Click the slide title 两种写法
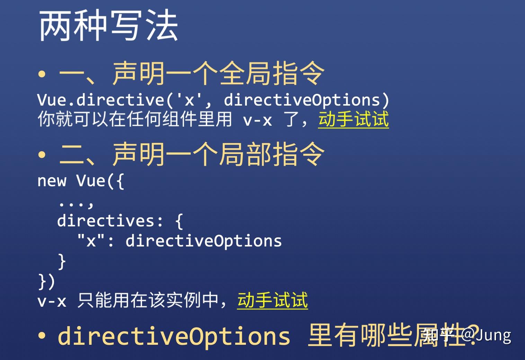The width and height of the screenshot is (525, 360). point(108,26)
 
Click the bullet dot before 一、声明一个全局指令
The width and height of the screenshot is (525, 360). point(42,74)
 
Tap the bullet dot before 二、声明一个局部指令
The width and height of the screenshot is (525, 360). point(42,155)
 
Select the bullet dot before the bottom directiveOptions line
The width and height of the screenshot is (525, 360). point(42,335)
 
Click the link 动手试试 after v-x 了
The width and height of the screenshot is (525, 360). point(354,119)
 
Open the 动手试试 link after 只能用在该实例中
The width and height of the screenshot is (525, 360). point(273,300)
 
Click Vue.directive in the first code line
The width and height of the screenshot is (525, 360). point(101,100)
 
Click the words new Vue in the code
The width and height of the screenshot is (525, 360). point(71,181)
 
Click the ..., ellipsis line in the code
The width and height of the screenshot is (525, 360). point(76,204)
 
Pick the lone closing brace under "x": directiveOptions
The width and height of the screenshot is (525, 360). point(62,261)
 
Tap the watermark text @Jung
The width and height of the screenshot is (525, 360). point(486,335)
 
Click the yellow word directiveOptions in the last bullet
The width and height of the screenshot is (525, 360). point(174,336)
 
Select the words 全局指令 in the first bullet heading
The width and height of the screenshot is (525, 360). point(272,73)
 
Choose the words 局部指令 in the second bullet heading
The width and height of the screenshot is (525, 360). point(272,154)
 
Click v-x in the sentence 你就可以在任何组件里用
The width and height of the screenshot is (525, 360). point(257,120)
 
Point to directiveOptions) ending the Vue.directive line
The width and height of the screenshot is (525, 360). point(306,100)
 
